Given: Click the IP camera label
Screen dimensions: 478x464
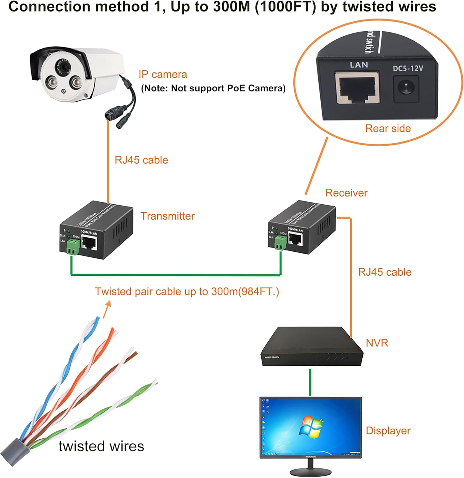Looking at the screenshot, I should pyautogui.click(x=163, y=75).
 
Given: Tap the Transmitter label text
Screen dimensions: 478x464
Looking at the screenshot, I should pyautogui.click(x=168, y=216).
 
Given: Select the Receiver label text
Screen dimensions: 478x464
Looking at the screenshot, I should pyautogui.click(x=346, y=193).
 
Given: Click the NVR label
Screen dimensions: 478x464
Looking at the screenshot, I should pyautogui.click(x=377, y=343).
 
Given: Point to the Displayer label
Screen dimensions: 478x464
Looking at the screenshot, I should pyautogui.click(x=388, y=431).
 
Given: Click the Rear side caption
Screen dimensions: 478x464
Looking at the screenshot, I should pyautogui.click(x=388, y=128).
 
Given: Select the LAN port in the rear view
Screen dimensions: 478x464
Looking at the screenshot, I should pyautogui.click(x=357, y=88).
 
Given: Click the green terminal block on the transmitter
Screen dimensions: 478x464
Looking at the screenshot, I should pyautogui.click(x=73, y=247).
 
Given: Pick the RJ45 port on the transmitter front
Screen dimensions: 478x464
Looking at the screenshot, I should pyautogui.click(x=89, y=243).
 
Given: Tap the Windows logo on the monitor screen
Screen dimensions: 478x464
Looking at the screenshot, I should pyautogui.click(x=311, y=426).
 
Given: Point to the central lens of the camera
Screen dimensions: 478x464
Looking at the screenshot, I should pyautogui.click(x=66, y=67).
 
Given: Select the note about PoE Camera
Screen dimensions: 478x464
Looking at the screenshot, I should pyautogui.click(x=213, y=88).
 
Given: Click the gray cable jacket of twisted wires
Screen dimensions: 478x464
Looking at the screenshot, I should pyautogui.click(x=14, y=452).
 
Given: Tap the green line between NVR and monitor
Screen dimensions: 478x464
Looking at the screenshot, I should pyautogui.click(x=310, y=382).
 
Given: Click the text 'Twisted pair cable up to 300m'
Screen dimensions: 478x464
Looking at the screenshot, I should pyautogui.click(x=187, y=292).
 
